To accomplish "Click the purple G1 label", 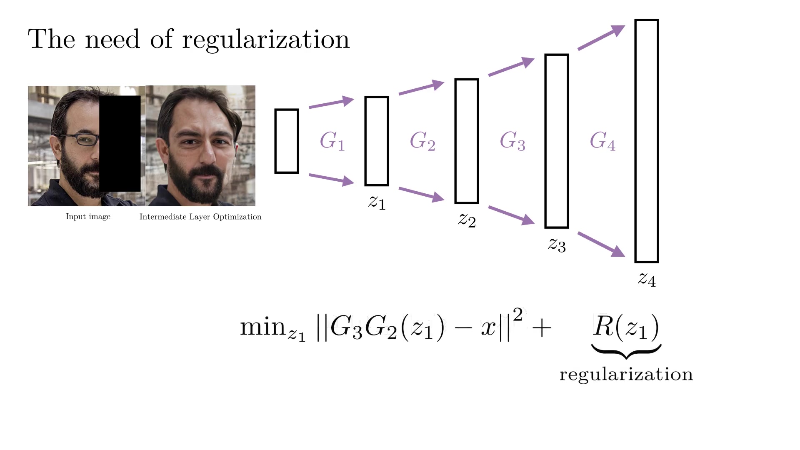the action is point(332,141).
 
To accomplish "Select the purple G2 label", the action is point(422,141).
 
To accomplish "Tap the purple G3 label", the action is point(512,141).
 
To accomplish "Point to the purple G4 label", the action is point(602,141).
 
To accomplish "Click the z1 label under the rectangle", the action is point(377,202).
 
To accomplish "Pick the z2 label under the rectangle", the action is point(467,220).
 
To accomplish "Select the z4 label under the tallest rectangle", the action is point(647,279).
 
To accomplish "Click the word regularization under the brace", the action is point(626,375).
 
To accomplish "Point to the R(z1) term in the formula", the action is point(626,327).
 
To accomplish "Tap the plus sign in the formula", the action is point(542,328).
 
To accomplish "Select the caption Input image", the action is point(88,217).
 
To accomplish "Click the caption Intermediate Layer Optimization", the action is point(200,217).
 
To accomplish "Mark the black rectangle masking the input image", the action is point(120,144).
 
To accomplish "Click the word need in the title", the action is point(112,40).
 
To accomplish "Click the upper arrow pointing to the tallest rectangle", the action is point(601,37).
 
